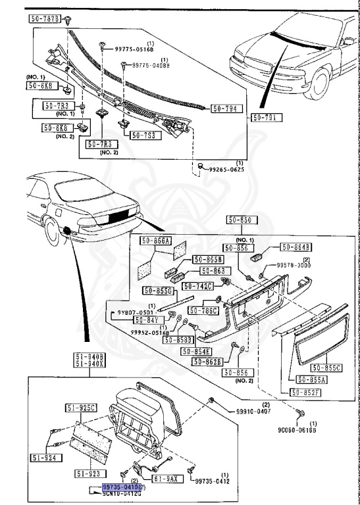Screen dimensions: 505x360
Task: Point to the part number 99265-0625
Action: [x=226, y=170]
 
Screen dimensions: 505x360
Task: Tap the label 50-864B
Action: [x=296, y=247]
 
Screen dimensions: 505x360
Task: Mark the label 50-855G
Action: [x=158, y=291]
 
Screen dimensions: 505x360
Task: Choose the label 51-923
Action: [x=87, y=472]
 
